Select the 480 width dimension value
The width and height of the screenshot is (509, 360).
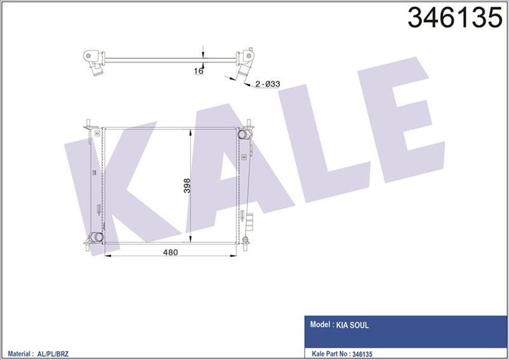(x=171, y=253)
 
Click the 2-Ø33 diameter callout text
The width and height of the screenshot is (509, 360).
(x=268, y=84)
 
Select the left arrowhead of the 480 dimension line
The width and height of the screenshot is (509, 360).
(x=106, y=256)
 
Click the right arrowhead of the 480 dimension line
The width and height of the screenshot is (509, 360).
(x=236, y=256)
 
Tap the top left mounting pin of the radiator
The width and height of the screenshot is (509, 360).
(x=88, y=121)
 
